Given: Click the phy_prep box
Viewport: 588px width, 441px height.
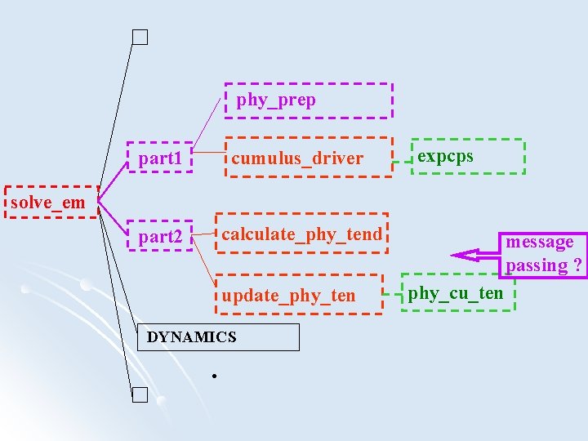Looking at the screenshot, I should (x=309, y=100).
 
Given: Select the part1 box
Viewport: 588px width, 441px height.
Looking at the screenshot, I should (x=160, y=158).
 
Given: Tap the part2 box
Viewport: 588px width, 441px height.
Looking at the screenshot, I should (x=160, y=237).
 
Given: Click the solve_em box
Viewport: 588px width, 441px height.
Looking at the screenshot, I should (x=51, y=203).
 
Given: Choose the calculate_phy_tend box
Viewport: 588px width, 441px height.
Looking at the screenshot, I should (x=301, y=234).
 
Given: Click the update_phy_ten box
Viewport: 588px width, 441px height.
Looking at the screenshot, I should (x=300, y=294).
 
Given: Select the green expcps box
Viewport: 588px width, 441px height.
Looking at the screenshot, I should (x=466, y=156).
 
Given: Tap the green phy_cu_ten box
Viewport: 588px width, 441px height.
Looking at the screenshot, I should (x=457, y=292).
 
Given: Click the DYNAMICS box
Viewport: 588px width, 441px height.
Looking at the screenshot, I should (x=217, y=336).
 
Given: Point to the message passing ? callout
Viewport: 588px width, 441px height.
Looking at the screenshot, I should (x=543, y=253).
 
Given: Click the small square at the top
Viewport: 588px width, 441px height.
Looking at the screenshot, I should (x=140, y=37).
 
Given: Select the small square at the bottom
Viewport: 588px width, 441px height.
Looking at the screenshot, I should (x=140, y=396).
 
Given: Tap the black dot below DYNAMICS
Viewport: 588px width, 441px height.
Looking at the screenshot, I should (x=212, y=376).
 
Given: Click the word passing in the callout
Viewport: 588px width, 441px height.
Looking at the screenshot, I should (x=536, y=265).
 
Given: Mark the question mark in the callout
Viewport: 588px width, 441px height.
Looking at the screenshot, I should (x=577, y=265).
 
